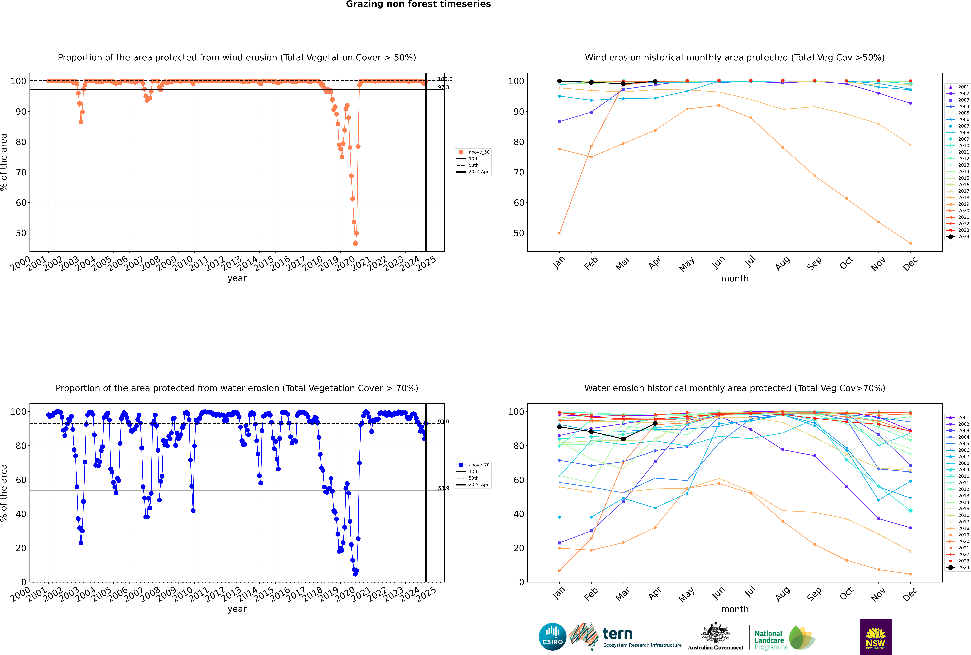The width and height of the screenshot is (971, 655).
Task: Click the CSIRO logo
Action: coord(552,637)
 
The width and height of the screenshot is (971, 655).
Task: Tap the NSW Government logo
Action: coord(875,637)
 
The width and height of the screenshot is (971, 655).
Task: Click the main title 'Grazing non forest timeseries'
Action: coord(418,4)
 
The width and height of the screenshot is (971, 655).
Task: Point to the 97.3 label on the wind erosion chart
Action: coord(443,87)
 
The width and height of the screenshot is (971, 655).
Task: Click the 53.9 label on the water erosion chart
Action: coord(443,488)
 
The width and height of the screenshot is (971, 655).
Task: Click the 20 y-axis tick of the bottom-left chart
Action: coord(21,548)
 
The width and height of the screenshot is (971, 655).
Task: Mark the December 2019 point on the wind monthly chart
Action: coord(911,244)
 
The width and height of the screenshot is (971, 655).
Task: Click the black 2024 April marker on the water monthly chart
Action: coord(655,424)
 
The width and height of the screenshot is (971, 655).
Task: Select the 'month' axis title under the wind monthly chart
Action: coord(735,279)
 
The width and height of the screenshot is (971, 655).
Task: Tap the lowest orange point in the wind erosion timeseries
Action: coord(355,244)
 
